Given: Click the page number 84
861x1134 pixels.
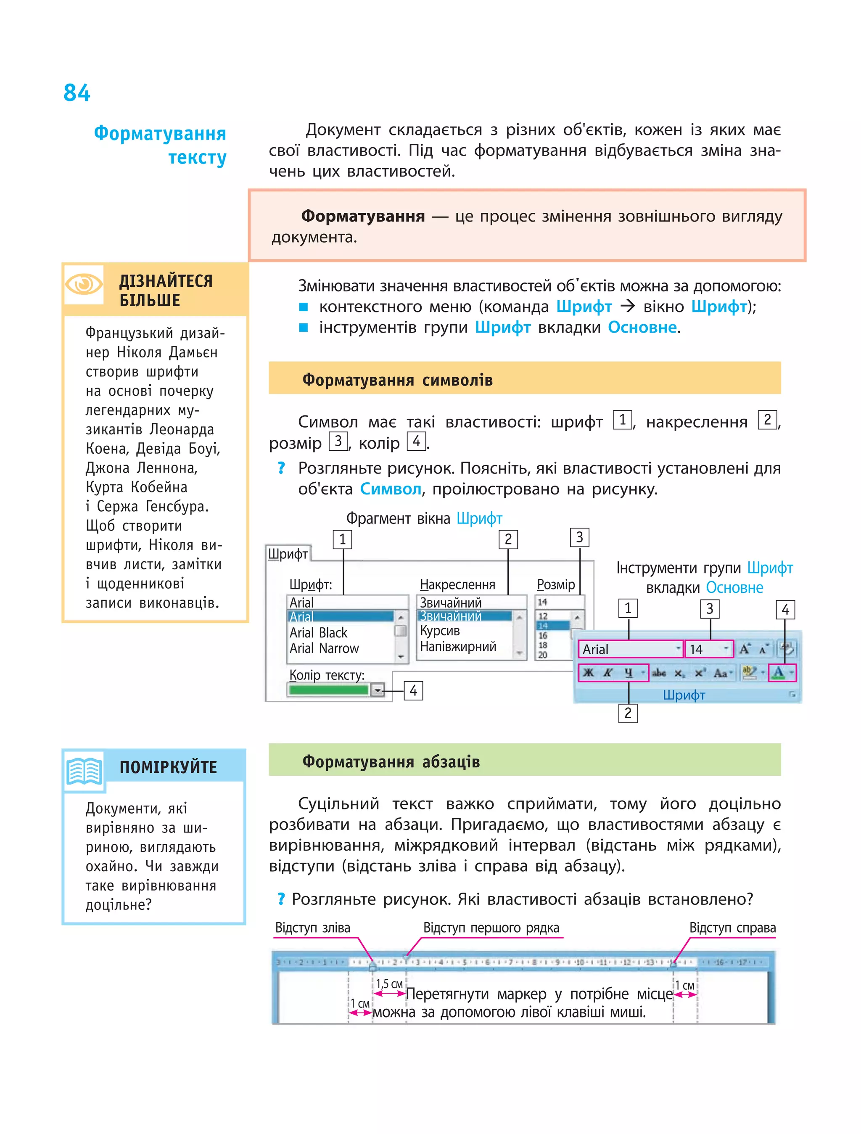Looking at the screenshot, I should point(77,93).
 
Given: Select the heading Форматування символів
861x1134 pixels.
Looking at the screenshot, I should point(397,380).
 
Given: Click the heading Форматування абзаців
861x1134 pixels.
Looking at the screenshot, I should point(391,761).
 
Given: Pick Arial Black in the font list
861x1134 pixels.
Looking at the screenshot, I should point(318,633).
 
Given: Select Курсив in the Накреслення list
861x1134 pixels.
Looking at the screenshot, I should point(440,631).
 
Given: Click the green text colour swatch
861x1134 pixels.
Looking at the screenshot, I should point(328,690).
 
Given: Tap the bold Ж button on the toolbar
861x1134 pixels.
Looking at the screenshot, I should point(588,673).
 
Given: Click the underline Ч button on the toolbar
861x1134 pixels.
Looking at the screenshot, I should point(629,673).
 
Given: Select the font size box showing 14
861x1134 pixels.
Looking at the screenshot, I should point(709,649).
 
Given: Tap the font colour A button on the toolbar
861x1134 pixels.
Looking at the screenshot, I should point(779,673).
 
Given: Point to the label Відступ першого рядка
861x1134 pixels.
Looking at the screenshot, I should point(491,928).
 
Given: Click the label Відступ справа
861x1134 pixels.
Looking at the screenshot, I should point(732,928).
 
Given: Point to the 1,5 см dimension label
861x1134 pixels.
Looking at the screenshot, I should point(389,984).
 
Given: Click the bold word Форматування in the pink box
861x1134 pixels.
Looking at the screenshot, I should point(363,217).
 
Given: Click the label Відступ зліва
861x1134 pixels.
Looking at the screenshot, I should point(313,928).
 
